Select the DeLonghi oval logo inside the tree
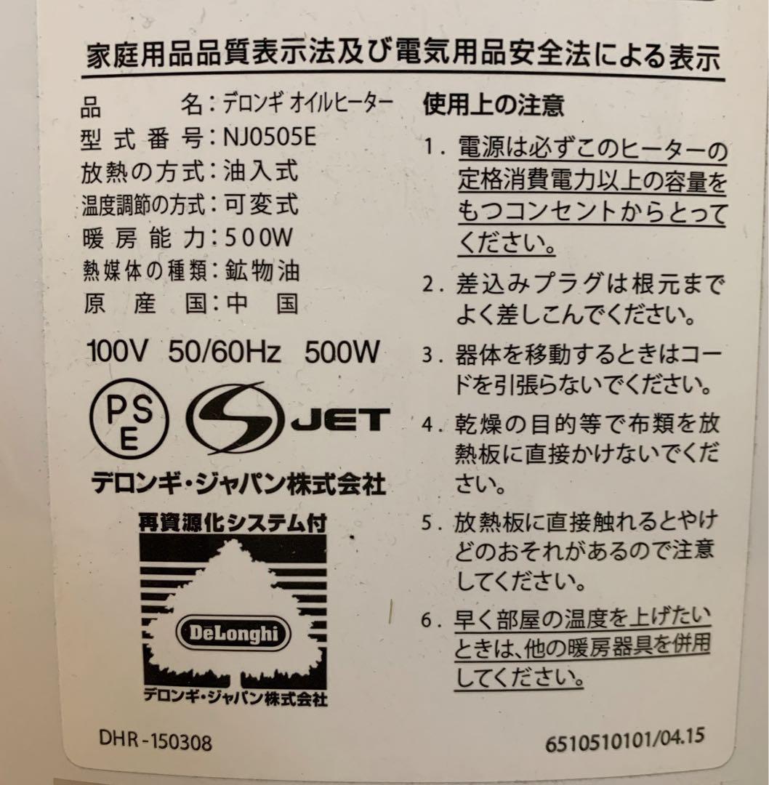234,632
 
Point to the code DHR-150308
155,742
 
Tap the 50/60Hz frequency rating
224,353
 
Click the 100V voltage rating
118,353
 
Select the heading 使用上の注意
494,107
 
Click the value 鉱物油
263,270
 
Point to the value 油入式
262,172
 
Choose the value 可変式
262,204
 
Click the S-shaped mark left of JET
233,420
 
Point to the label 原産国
143,302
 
